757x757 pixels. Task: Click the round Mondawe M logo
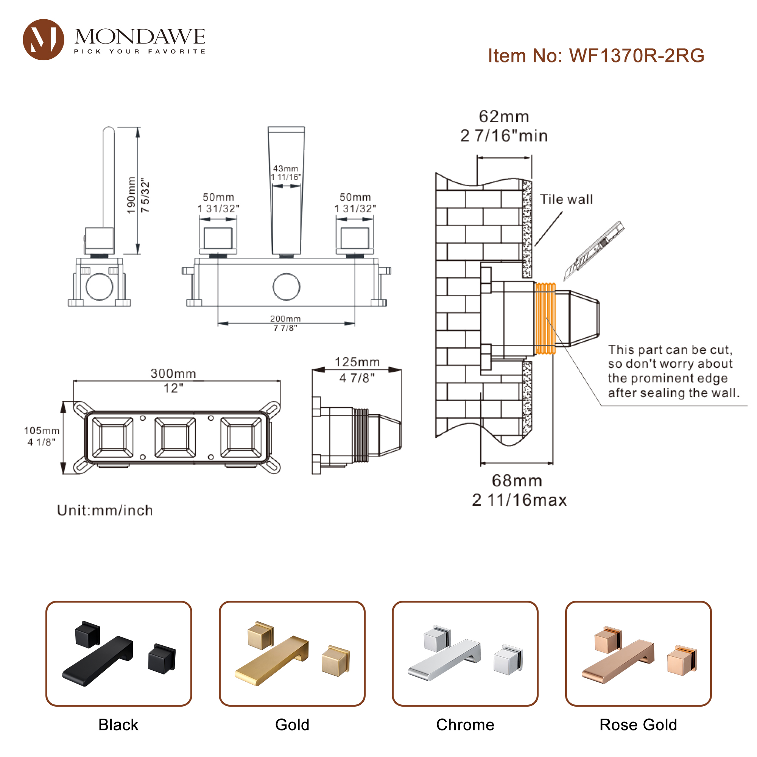tap(44, 40)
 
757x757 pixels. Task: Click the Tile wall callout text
tap(566, 199)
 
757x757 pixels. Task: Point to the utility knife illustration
tap(593, 251)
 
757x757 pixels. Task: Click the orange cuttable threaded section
tap(545, 318)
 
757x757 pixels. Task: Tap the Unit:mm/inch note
tap(105, 510)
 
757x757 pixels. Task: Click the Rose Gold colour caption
tap(638, 724)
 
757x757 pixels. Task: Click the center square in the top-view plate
tap(175, 437)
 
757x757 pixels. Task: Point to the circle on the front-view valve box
tap(287, 287)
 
